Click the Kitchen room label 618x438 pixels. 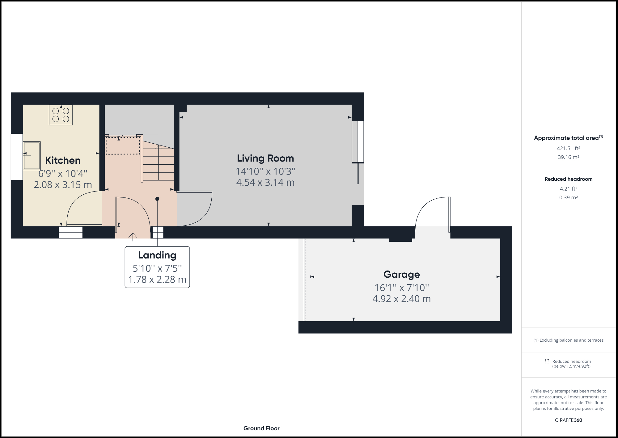click(x=63, y=160)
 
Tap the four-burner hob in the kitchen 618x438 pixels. click(x=61, y=115)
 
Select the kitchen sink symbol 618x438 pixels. click(x=32, y=156)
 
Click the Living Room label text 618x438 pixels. click(x=265, y=158)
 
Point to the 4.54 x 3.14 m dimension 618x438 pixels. click(x=265, y=182)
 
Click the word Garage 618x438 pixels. click(x=401, y=274)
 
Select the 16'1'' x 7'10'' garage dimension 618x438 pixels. click(x=401, y=288)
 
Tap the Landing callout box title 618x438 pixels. click(x=157, y=255)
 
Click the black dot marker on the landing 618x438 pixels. click(x=157, y=199)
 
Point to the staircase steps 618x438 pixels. click(x=158, y=164)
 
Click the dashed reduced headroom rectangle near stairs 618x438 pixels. click(x=123, y=145)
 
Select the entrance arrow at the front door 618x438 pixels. click(x=133, y=237)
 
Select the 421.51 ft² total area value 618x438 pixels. click(x=568, y=148)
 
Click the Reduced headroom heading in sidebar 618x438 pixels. click(x=568, y=179)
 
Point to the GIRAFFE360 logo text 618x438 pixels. click(x=568, y=420)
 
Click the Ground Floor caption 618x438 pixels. click(x=261, y=428)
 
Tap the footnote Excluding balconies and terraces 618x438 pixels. click(x=568, y=340)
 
